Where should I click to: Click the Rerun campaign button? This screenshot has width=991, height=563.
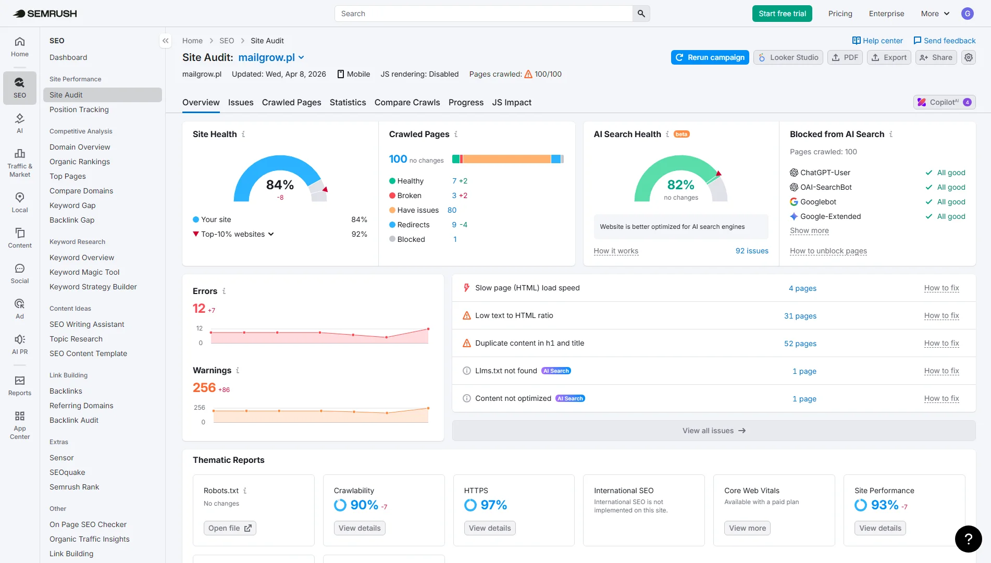point(710,57)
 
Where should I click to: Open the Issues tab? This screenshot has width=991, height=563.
point(241,103)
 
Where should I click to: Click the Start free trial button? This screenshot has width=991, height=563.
point(782,14)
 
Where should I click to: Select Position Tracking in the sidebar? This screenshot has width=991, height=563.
point(79,109)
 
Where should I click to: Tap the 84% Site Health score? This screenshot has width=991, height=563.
point(280,185)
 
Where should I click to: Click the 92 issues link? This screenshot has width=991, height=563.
point(751,251)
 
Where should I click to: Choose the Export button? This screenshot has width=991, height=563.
point(889,57)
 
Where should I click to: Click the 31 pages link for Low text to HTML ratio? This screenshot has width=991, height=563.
point(800,316)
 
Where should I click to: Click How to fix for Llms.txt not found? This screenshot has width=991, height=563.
point(941,371)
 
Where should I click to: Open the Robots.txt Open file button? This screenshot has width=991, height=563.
point(230,528)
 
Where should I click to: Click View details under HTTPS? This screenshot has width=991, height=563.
point(489,528)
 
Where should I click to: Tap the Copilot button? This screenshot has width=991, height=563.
point(944,102)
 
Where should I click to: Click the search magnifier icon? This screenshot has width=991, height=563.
point(641,14)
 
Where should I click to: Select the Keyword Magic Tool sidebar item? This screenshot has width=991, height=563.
point(84,272)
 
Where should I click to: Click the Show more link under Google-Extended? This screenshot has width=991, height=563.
point(809,230)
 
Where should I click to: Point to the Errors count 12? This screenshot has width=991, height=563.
point(199,309)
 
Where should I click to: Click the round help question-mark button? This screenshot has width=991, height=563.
point(968,538)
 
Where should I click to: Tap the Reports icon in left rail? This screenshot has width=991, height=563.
point(20,386)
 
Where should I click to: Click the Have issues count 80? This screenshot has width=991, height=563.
point(452,210)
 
